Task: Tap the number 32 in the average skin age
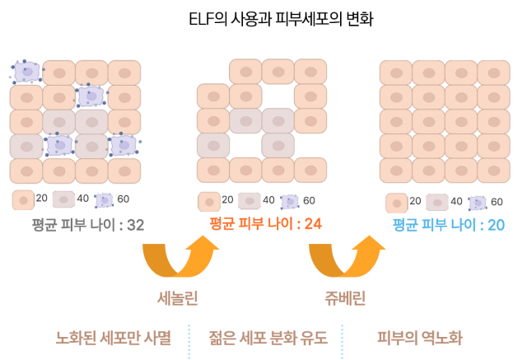[135, 225]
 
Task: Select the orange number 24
[313, 223]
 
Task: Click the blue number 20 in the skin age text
[496, 225]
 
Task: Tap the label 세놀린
[178, 298]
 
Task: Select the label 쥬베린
[345, 298]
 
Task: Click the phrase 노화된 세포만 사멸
[114, 338]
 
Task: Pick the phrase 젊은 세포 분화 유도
[268, 338]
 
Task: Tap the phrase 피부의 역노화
[420, 338]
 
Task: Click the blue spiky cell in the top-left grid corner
[26, 72]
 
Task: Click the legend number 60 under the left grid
[123, 199]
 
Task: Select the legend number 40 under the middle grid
[268, 200]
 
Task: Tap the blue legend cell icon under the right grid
[478, 203]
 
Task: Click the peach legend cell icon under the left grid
[23, 200]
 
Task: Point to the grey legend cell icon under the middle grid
[250, 201]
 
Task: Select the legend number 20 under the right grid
[415, 201]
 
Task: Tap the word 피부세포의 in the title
[307, 18]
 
